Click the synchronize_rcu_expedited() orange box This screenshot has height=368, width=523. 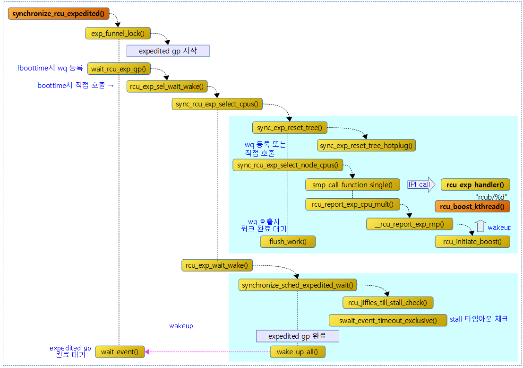pyautogui.click(x=59, y=14)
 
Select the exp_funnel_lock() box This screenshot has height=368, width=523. pyautogui.click(x=118, y=33)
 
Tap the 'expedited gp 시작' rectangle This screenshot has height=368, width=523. pyautogui.click(x=168, y=51)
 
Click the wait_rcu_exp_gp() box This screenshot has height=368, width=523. pyautogui.click(x=118, y=69)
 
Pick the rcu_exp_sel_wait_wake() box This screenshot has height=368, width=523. pyautogui.click(x=167, y=86)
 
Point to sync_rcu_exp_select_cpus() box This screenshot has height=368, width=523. pyautogui.click(x=217, y=104)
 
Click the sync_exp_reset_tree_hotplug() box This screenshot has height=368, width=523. pyautogui.click(x=366, y=146)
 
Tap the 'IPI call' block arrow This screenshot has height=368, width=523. pyautogui.click(x=420, y=184)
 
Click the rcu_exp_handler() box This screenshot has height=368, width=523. pyautogui.click(x=475, y=184)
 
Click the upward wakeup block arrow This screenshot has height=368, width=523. pyautogui.click(x=480, y=226)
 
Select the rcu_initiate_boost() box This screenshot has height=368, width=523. pyautogui.click(x=472, y=242)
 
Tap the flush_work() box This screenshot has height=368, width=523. pyautogui.click(x=288, y=242)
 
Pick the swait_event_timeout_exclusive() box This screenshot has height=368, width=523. pyautogui.click(x=387, y=320)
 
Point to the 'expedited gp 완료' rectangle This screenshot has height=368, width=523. pyautogui.click(x=298, y=336)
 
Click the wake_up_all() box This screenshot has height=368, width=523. pyautogui.click(x=297, y=352)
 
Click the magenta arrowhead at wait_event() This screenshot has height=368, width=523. pyautogui.click(x=147, y=351)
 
